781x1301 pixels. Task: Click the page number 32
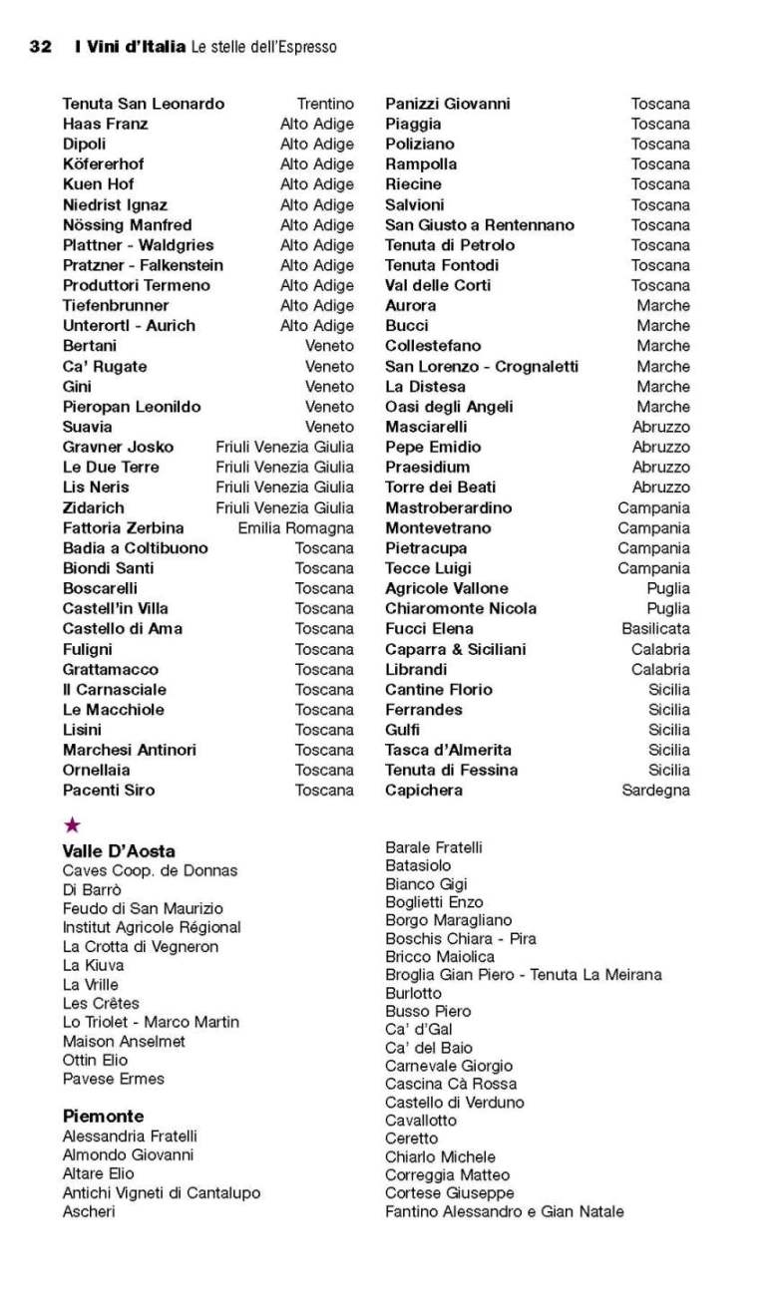coord(41,47)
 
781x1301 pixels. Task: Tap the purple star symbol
coord(72,824)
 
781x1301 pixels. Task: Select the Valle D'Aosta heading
coord(119,850)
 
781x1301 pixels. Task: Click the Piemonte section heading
coord(103,1116)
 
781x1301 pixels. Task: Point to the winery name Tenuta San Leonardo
coord(143,104)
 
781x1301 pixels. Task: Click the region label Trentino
coord(325,104)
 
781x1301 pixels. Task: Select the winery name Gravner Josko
coord(118,447)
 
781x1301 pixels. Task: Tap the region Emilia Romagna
coord(295,527)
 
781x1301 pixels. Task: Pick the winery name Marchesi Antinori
coord(130,750)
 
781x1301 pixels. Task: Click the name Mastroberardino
coord(448,507)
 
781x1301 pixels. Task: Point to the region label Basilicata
coord(655,628)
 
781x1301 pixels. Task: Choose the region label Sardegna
coord(655,790)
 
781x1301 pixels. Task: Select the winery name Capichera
coord(424,790)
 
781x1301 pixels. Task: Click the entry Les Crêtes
coord(101,1003)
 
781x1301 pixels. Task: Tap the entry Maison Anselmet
coord(124,1041)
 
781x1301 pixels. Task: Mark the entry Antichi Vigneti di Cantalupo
coord(162,1192)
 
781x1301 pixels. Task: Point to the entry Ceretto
coord(411,1138)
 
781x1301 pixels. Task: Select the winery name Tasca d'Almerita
coord(448,750)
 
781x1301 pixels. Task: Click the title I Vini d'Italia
coord(130,47)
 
